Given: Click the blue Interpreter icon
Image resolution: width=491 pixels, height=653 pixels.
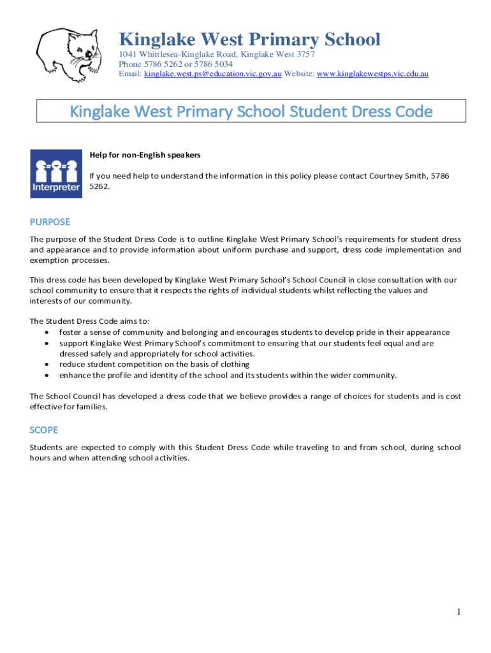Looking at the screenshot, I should [55, 173].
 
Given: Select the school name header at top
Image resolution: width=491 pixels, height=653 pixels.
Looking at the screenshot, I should [249, 40].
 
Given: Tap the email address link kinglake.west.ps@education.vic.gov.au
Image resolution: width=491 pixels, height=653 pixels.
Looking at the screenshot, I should [213, 74].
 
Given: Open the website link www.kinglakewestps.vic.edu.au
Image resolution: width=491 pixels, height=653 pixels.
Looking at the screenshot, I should [372, 74].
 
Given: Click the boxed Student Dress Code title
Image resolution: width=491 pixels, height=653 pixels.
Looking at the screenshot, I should [251, 112].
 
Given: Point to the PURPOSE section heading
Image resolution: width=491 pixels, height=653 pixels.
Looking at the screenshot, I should [50, 222].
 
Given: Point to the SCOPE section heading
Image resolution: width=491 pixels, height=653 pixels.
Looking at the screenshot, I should [44, 430].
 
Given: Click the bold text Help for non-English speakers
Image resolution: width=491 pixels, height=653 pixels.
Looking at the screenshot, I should [145, 155].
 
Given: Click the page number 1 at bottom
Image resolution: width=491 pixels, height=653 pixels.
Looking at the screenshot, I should [458, 612].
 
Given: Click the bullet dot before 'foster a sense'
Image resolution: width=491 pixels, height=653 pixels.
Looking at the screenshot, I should [47, 332].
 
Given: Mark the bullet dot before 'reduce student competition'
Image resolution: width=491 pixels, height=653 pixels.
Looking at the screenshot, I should [47, 364].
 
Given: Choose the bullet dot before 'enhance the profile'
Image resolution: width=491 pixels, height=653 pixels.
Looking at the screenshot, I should [47, 375].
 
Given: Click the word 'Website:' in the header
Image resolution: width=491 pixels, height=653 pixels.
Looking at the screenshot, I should [299, 74].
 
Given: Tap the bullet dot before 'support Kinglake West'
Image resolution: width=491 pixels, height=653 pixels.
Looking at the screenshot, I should [47, 343].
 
